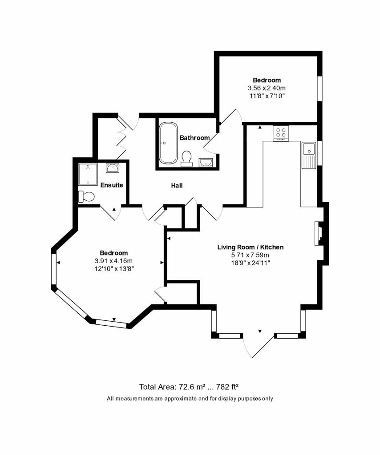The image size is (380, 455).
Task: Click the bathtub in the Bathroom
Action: click(x=168, y=143)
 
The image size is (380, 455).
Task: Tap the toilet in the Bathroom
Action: click(x=186, y=159)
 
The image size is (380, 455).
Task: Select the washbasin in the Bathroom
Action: click(x=206, y=163)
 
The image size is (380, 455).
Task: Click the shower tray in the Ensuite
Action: click(x=88, y=174)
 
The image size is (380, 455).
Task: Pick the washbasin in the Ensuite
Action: click(x=112, y=168)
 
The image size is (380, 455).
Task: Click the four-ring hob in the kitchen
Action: click(x=281, y=133)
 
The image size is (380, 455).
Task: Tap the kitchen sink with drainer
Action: click(x=308, y=155)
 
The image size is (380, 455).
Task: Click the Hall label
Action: click(x=177, y=185)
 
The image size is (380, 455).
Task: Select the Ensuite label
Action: click(x=112, y=185)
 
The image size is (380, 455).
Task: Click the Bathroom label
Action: click(x=194, y=138)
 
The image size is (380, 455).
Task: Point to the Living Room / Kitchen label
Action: click(x=251, y=247)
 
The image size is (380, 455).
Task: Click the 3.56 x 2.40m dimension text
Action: click(x=267, y=88)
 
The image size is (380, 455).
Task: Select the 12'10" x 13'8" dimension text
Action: click(x=114, y=269)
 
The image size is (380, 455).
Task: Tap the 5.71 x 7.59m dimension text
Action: click(x=250, y=255)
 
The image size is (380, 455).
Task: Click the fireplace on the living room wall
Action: click(x=319, y=234)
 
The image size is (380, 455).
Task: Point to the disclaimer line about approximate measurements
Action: click(x=190, y=399)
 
